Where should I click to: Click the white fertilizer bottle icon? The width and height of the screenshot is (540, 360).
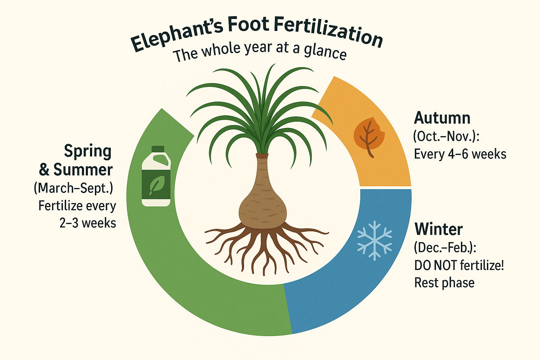(x=156, y=176)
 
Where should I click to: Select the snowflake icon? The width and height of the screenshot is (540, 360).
(x=374, y=240)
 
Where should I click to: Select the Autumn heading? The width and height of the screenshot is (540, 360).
(x=442, y=118)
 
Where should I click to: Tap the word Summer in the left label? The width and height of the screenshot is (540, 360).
(x=83, y=169)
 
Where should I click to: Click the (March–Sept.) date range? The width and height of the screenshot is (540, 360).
(x=73, y=188)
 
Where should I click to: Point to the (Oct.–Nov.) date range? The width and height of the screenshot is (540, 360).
(x=446, y=136)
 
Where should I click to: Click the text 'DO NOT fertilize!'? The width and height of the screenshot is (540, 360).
(x=459, y=265)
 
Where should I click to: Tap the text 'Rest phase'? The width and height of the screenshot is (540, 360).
(x=444, y=283)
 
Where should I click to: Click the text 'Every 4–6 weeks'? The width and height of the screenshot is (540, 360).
(x=460, y=154)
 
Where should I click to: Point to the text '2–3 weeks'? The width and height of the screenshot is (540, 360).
(x=88, y=223)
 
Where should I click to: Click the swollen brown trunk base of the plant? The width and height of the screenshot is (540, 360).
(x=263, y=207)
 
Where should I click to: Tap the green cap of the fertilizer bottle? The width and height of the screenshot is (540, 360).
(x=158, y=149)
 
